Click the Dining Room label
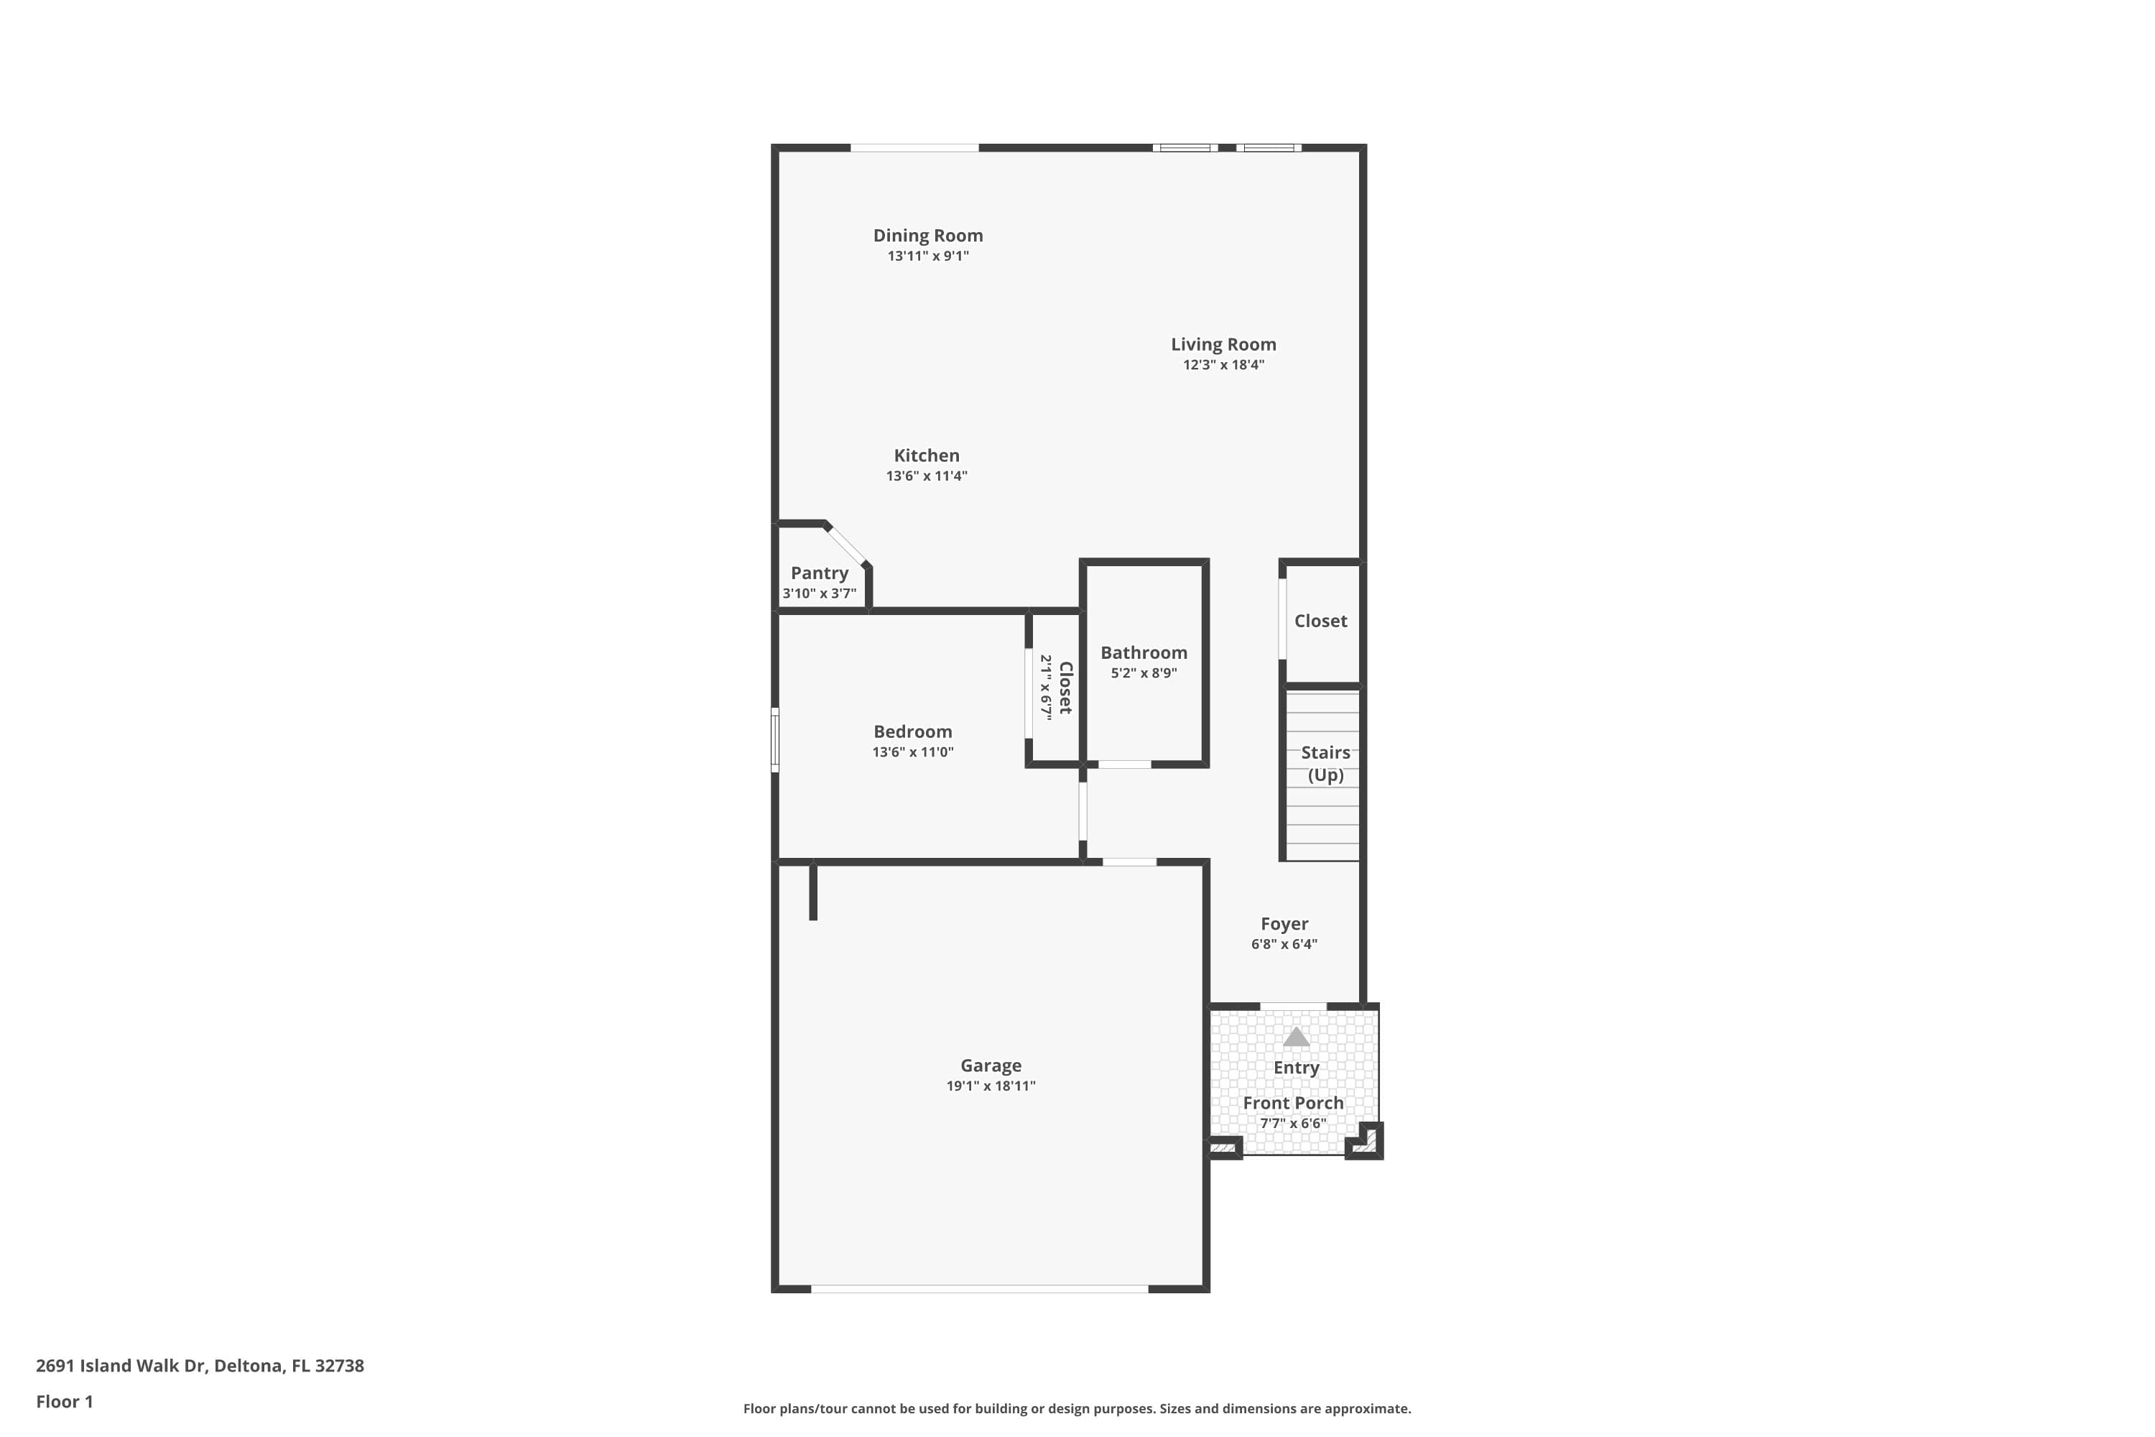point(927,236)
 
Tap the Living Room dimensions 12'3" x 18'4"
point(1223,365)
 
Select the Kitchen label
point(927,456)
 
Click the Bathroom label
point(1144,652)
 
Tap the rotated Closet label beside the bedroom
point(1065,688)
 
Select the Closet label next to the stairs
point(1320,622)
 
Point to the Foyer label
point(1284,924)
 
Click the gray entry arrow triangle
point(1296,1038)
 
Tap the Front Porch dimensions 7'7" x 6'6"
point(1293,1124)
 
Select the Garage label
point(991,1066)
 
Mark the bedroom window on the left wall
point(775,739)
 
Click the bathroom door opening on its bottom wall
point(1124,764)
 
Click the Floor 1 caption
point(64,1401)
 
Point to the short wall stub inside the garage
point(812,892)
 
